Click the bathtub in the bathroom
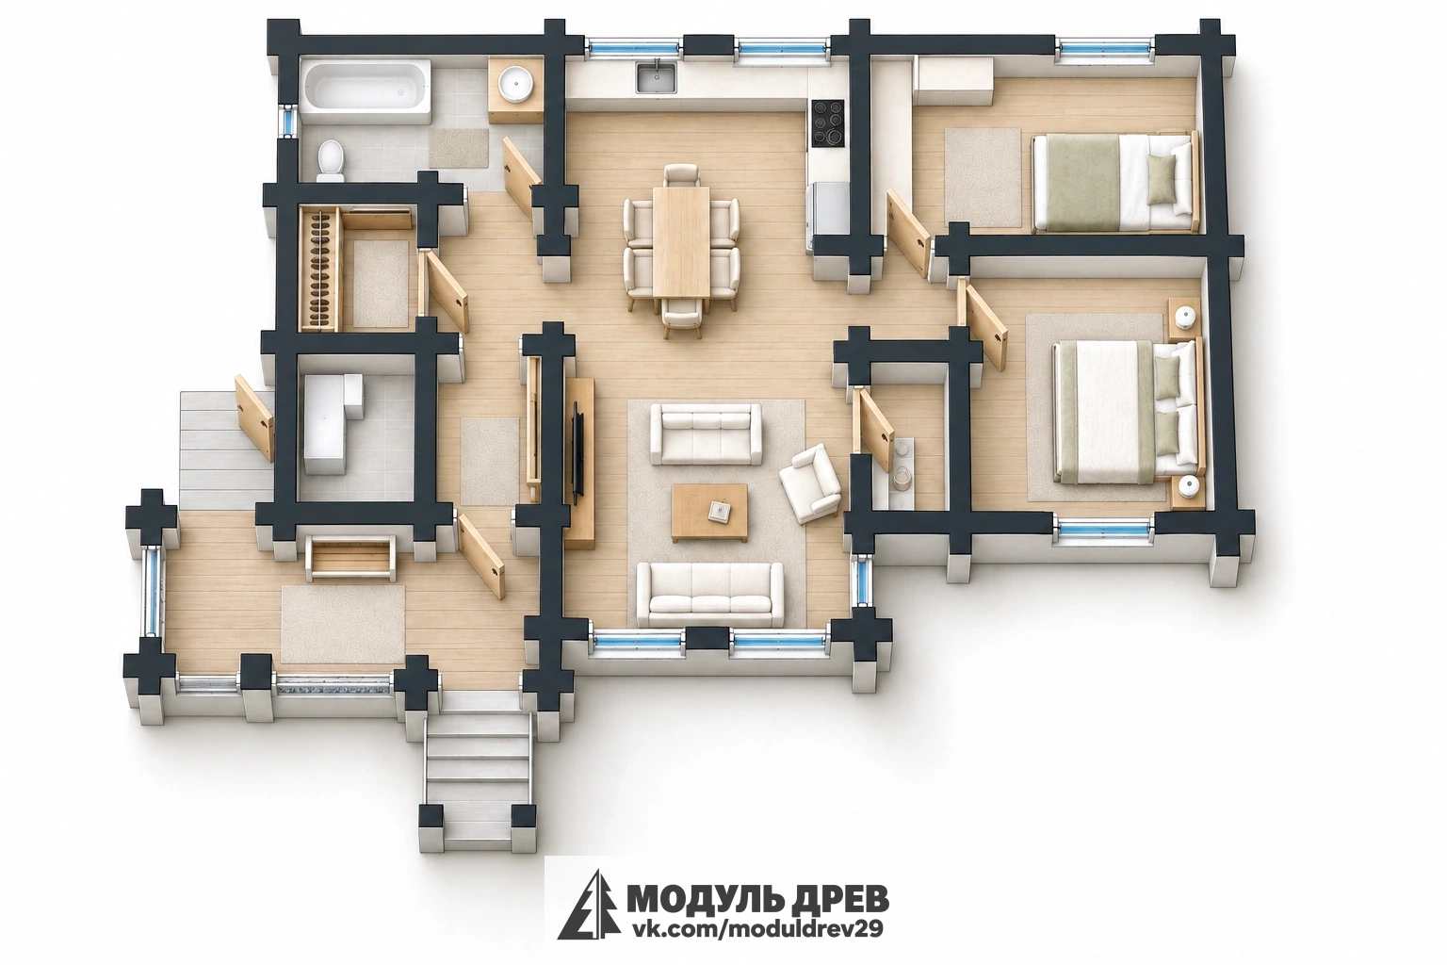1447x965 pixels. coord(366,90)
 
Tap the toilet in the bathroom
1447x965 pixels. coord(332,159)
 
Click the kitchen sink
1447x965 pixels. coord(657,77)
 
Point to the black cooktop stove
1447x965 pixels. coord(827,123)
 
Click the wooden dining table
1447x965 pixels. coord(681,241)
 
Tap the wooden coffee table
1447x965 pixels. coord(709,513)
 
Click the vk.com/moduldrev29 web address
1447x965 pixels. coord(756,928)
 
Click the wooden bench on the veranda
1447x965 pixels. coord(350,558)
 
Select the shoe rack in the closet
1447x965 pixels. coord(320,269)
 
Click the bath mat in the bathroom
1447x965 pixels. coord(460,148)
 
